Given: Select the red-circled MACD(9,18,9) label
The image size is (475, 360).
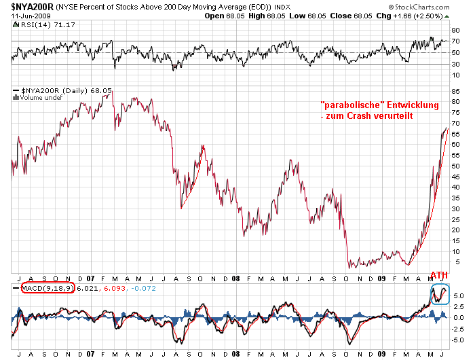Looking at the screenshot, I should tap(44, 288).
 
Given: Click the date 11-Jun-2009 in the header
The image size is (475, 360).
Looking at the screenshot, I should tap(29, 16).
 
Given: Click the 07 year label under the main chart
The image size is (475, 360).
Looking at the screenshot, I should tap(90, 278).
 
